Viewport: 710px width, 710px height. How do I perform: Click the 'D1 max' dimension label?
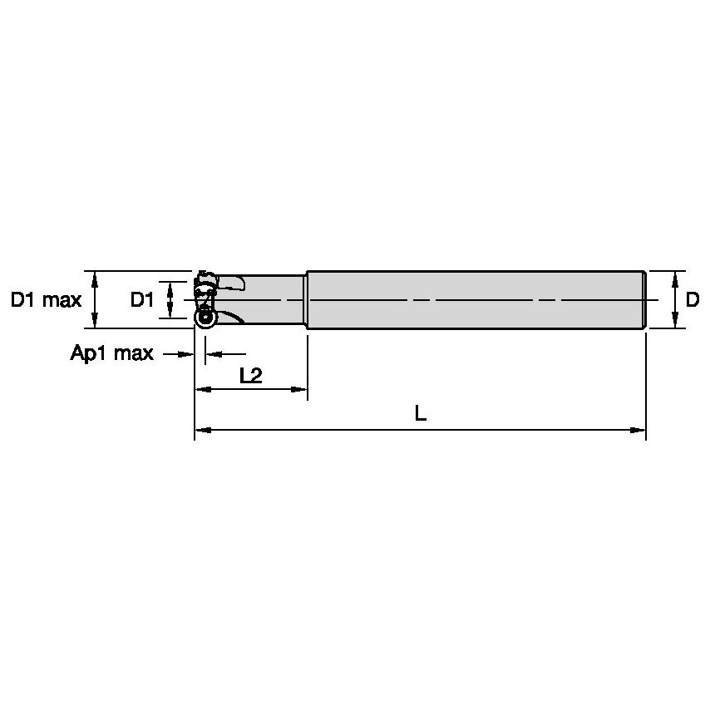point(46,300)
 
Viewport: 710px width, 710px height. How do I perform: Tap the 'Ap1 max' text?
point(111,354)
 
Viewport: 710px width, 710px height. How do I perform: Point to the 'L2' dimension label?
point(250,376)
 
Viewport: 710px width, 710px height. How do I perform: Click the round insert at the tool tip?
point(205,317)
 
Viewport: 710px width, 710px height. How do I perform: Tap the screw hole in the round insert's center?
point(205,317)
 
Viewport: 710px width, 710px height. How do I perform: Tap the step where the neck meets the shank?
point(306,300)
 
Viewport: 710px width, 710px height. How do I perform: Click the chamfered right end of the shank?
point(643,300)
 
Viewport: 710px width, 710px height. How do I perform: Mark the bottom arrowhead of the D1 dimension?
point(170,313)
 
